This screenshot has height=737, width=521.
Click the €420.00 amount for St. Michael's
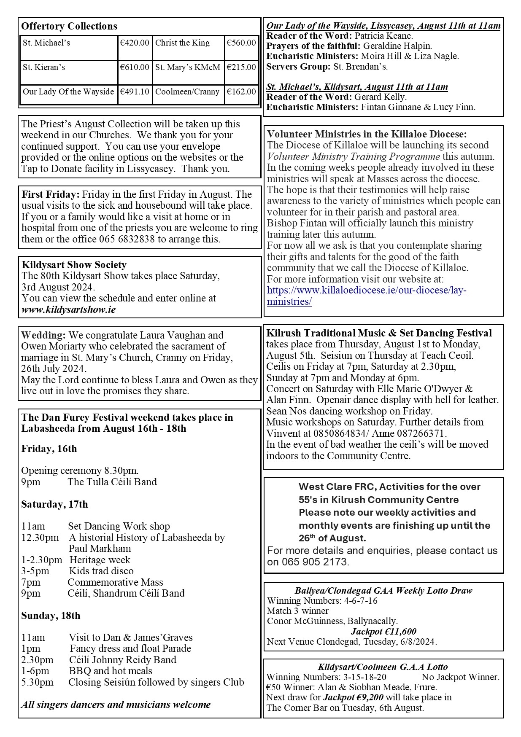(x=135, y=43)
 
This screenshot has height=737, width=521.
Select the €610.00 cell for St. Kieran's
(x=135, y=67)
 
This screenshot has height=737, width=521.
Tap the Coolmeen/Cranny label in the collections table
(x=187, y=91)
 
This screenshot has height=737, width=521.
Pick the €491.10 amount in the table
(x=135, y=91)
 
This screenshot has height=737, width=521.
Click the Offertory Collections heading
(x=69, y=26)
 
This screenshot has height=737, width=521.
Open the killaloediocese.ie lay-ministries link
(x=367, y=296)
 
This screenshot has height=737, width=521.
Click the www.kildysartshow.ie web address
(x=68, y=309)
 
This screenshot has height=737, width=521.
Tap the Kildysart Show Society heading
(x=74, y=265)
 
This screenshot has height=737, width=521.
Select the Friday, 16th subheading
(x=49, y=448)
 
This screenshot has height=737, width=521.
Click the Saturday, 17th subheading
(x=54, y=504)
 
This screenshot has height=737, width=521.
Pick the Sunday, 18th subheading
(x=51, y=615)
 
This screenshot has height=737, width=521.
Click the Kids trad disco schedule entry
(x=101, y=571)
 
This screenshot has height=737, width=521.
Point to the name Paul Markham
(x=100, y=549)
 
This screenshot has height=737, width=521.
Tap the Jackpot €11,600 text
(x=383, y=631)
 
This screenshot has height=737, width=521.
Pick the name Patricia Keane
(x=383, y=36)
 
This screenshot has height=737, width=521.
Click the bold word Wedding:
(x=43, y=335)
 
